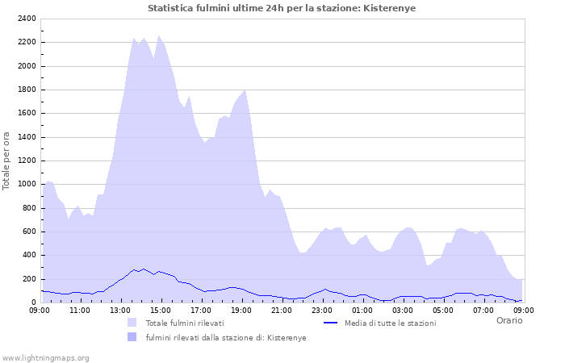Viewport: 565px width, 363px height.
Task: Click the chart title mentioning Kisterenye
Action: click(x=282, y=8)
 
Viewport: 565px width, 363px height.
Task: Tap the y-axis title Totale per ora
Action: click(x=7, y=160)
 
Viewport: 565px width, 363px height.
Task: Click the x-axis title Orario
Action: click(x=508, y=320)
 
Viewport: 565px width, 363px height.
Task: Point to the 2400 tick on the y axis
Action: click(x=25, y=19)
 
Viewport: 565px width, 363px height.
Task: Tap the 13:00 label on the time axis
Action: click(x=120, y=310)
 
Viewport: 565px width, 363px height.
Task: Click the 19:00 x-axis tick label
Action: click(x=241, y=310)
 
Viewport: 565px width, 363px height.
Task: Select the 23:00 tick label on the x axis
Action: click(x=322, y=310)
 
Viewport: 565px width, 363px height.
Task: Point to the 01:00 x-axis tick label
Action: click(x=362, y=310)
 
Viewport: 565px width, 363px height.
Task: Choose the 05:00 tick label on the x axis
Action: click(x=443, y=310)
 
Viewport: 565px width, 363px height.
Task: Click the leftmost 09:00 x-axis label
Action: click(x=40, y=310)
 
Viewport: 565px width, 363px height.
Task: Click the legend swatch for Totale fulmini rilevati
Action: click(x=132, y=323)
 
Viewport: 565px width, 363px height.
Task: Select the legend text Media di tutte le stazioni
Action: click(x=390, y=323)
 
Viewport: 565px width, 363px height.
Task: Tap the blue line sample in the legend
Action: click(x=330, y=323)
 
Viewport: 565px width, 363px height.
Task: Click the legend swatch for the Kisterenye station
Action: click(x=132, y=337)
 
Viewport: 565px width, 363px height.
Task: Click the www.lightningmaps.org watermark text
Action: click(x=45, y=357)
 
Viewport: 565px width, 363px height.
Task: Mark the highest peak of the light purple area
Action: click(x=159, y=35)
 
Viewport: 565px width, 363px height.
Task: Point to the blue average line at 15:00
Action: click(x=161, y=272)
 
